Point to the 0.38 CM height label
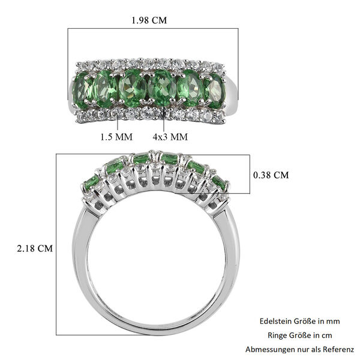coord(271,175)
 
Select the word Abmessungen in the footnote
coord(270,349)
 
